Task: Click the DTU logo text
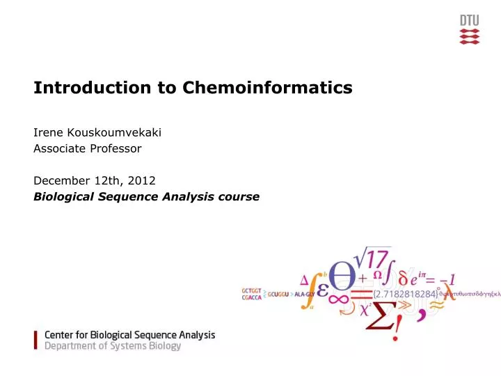[x=470, y=20]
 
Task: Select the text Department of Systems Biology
[x=113, y=346]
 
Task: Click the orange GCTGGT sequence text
[x=252, y=290]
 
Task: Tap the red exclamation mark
[x=397, y=327]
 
